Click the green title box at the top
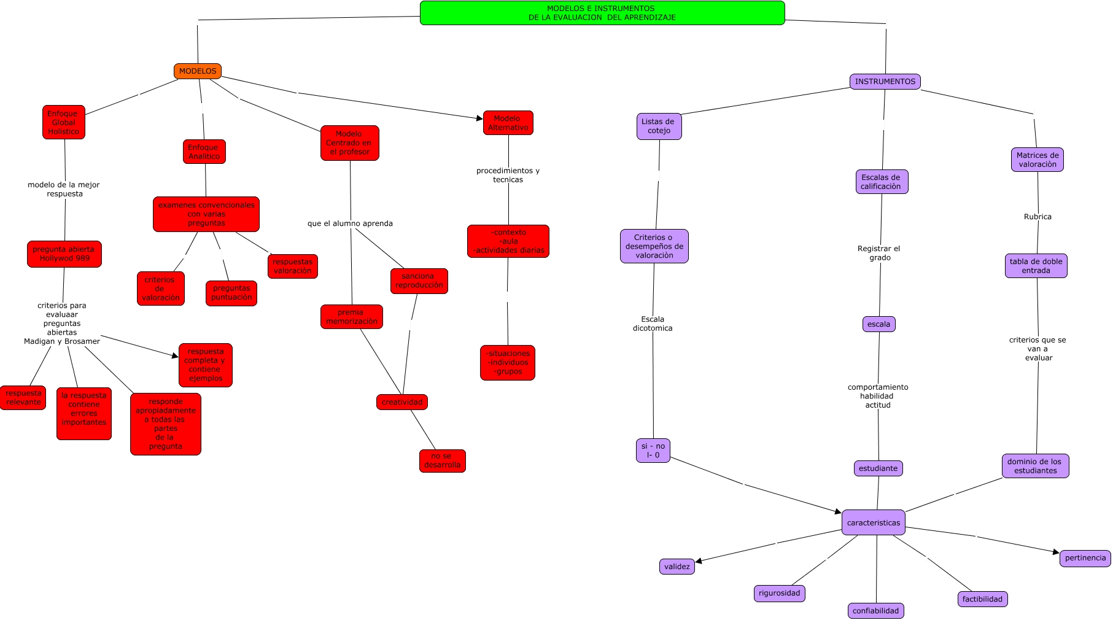point(602,13)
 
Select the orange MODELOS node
point(198,71)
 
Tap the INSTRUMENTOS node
point(885,82)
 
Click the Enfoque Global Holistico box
point(64,122)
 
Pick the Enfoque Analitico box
point(204,152)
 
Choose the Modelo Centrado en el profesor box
point(349,143)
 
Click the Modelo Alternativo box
point(508,123)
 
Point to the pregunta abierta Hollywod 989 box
point(64,254)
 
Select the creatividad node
point(402,402)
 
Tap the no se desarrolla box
point(442,460)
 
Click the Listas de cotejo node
point(659,126)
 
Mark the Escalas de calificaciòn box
point(882,182)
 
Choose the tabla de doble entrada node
point(1036,266)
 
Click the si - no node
point(653,451)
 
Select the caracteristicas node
point(873,522)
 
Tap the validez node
point(677,567)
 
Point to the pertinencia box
point(1085,558)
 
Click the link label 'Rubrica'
point(1037,217)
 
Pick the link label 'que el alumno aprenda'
point(350,223)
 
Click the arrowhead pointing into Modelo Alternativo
point(480,118)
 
